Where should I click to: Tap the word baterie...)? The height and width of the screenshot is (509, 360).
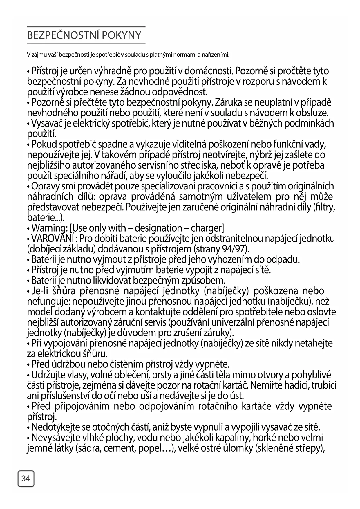coord(46,218)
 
